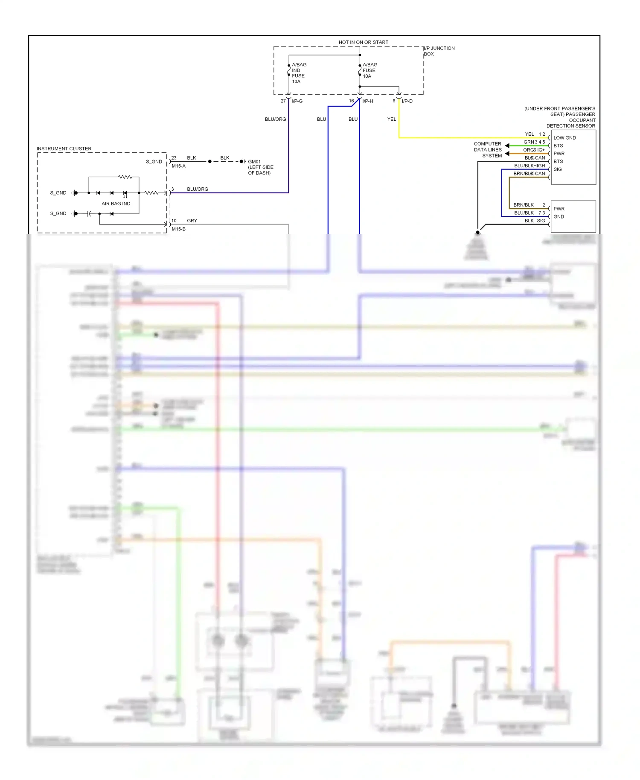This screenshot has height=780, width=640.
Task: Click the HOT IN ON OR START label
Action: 363,42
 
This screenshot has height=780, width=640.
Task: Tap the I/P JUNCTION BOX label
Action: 439,51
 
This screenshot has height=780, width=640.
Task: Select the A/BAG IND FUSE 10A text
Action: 298,73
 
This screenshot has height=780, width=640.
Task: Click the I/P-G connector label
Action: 297,101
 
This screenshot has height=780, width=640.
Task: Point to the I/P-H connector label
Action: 367,101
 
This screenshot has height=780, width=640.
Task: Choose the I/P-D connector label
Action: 407,101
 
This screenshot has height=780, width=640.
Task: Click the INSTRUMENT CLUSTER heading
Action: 64,148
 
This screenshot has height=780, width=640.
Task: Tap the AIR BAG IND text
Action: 116,204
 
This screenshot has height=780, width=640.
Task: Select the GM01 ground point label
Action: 254,162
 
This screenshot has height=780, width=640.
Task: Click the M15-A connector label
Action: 178,166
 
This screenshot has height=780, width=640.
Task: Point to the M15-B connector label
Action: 178,229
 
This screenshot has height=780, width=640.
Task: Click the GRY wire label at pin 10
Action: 192,221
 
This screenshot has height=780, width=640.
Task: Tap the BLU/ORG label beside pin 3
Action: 198,189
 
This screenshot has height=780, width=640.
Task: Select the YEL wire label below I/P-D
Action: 391,119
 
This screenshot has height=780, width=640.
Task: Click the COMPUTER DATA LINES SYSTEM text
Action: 488,150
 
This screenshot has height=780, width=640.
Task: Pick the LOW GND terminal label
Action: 564,138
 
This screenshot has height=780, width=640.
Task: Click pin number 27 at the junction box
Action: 283,101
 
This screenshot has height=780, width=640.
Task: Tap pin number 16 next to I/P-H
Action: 351,101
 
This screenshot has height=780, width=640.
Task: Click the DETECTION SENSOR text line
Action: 570,126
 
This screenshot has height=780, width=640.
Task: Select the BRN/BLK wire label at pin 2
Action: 524,205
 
